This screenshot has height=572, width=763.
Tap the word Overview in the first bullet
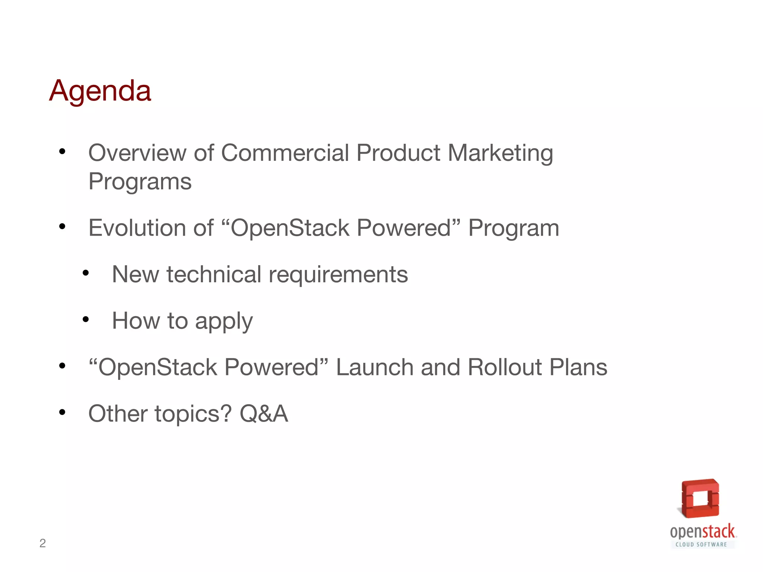pyautogui.click(x=137, y=153)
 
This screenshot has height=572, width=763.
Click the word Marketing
pyautogui.click(x=500, y=153)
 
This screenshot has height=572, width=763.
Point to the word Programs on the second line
pyautogui.click(x=140, y=182)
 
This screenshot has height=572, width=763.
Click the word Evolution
pyautogui.click(x=137, y=228)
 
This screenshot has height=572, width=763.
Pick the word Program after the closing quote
pyautogui.click(x=514, y=228)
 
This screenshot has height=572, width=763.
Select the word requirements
pyautogui.click(x=338, y=275)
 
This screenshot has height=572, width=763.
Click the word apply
pyautogui.click(x=224, y=321)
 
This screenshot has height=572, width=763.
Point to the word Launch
pyautogui.click(x=374, y=367)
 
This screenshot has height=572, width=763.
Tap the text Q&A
pyautogui.click(x=264, y=414)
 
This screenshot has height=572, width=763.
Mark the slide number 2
pyautogui.click(x=42, y=543)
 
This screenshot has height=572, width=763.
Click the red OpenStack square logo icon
pyautogui.click(x=700, y=498)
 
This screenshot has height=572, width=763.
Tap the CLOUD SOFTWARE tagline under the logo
pyautogui.click(x=701, y=544)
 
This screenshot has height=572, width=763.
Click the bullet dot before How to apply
pyautogui.click(x=86, y=320)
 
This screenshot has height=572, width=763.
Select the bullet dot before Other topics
pyautogui.click(x=62, y=412)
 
